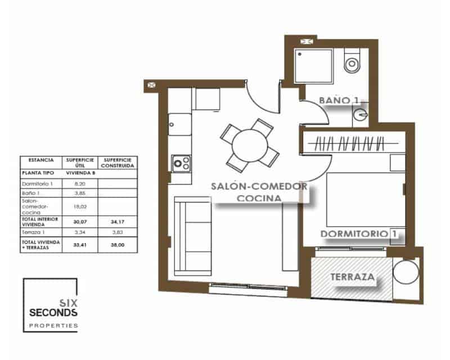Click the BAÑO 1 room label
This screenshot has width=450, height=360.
(339, 100)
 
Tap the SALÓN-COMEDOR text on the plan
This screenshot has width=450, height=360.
(258, 186)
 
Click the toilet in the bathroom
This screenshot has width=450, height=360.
(352, 60)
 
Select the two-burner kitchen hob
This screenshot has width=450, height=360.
(181, 163)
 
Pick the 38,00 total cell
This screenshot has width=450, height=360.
(116, 245)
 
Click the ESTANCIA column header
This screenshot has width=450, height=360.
(40, 160)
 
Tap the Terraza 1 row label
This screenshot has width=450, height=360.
(33, 231)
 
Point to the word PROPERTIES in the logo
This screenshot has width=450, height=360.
(53, 326)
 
